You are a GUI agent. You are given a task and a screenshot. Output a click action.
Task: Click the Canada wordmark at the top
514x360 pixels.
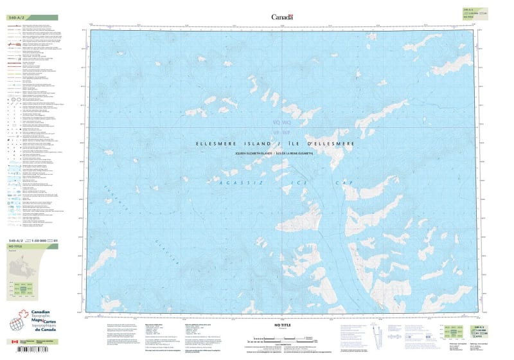281,17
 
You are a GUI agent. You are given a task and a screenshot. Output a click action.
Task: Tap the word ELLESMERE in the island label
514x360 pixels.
219,143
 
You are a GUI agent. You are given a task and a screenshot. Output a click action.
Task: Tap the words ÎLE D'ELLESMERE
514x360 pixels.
315,143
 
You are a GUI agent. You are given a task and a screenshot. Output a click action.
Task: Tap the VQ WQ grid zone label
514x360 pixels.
281,122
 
